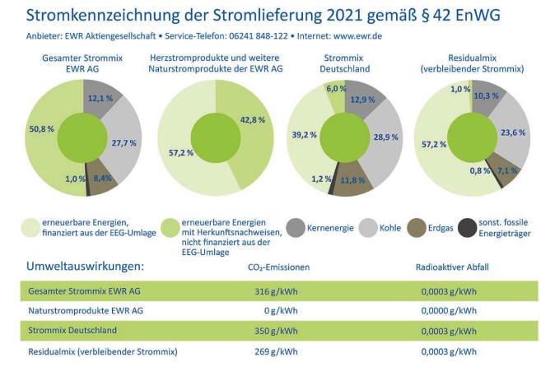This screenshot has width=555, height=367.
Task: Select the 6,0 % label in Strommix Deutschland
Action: pos(337,87)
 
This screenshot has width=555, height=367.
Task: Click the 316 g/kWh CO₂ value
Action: pos(277,290)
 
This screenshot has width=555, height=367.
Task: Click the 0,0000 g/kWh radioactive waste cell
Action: pos(448,311)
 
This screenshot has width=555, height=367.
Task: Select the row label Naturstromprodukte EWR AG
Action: pos(85,311)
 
